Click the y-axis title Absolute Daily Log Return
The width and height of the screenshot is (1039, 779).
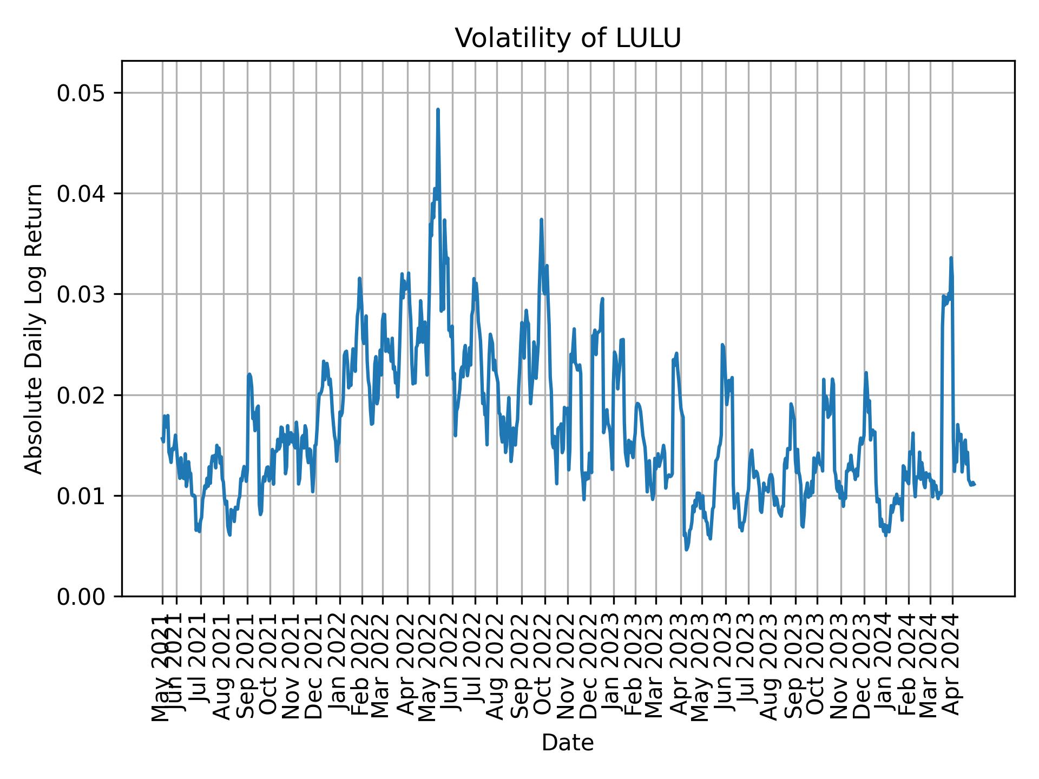pos(35,328)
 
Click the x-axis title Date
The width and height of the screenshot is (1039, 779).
pos(568,743)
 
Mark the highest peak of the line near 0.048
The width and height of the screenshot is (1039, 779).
pos(438,110)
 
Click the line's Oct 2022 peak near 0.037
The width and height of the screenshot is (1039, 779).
pos(541,220)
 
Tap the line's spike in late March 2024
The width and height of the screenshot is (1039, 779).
pos(951,258)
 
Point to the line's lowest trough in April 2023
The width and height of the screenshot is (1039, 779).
pos(686,550)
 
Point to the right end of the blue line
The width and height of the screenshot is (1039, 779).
pos(974,484)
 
